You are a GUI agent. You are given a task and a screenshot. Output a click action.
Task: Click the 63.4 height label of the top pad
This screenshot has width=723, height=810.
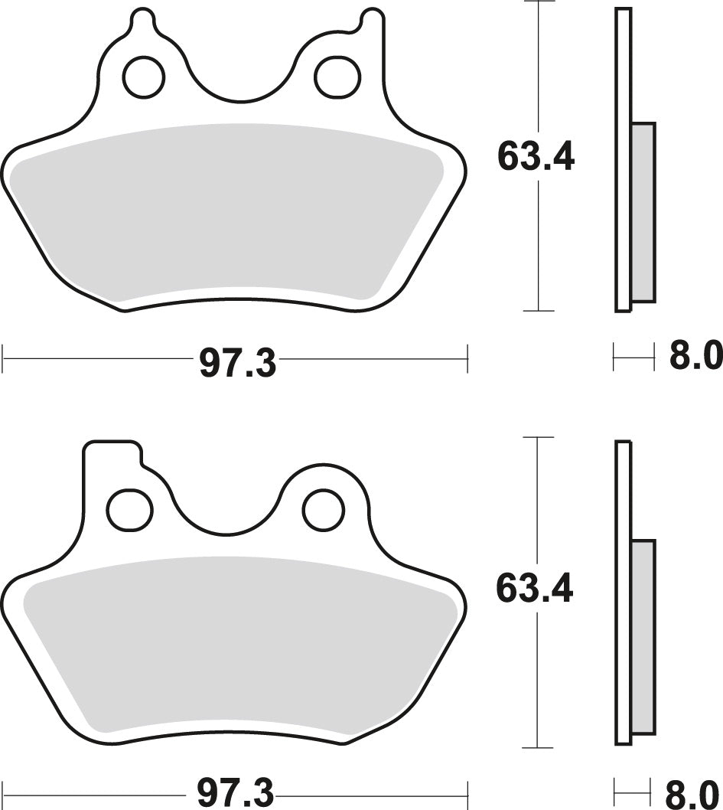535,158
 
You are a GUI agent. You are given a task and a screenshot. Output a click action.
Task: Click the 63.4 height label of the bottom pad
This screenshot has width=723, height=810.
535,590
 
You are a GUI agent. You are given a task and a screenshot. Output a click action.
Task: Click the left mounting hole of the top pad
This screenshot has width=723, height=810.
143,77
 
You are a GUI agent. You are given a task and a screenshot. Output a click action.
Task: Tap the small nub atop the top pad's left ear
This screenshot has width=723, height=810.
143,19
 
